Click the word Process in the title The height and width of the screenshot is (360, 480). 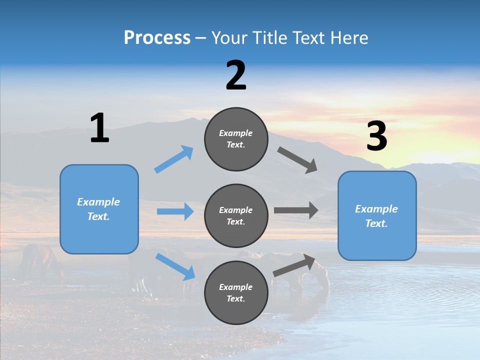pos(157,38)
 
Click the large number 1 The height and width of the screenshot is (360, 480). pos(99,128)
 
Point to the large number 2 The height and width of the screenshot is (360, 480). pos(236,75)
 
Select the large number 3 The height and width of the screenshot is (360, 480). pos(377,136)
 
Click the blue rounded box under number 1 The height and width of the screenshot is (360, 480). pos(99,209)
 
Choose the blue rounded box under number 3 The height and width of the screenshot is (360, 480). pos(377,216)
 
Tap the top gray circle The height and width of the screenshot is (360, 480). pos(236,139)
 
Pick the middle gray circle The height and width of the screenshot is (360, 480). pos(236,216)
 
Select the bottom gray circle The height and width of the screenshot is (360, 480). pos(236,293)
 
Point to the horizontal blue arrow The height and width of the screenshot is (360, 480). pos(175,211)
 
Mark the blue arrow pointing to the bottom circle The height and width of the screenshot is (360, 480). pos(175,266)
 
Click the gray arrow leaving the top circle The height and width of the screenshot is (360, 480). pos(297,160)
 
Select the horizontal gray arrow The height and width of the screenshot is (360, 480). pos(296,210)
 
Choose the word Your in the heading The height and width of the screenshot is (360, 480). pos(229,38)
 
